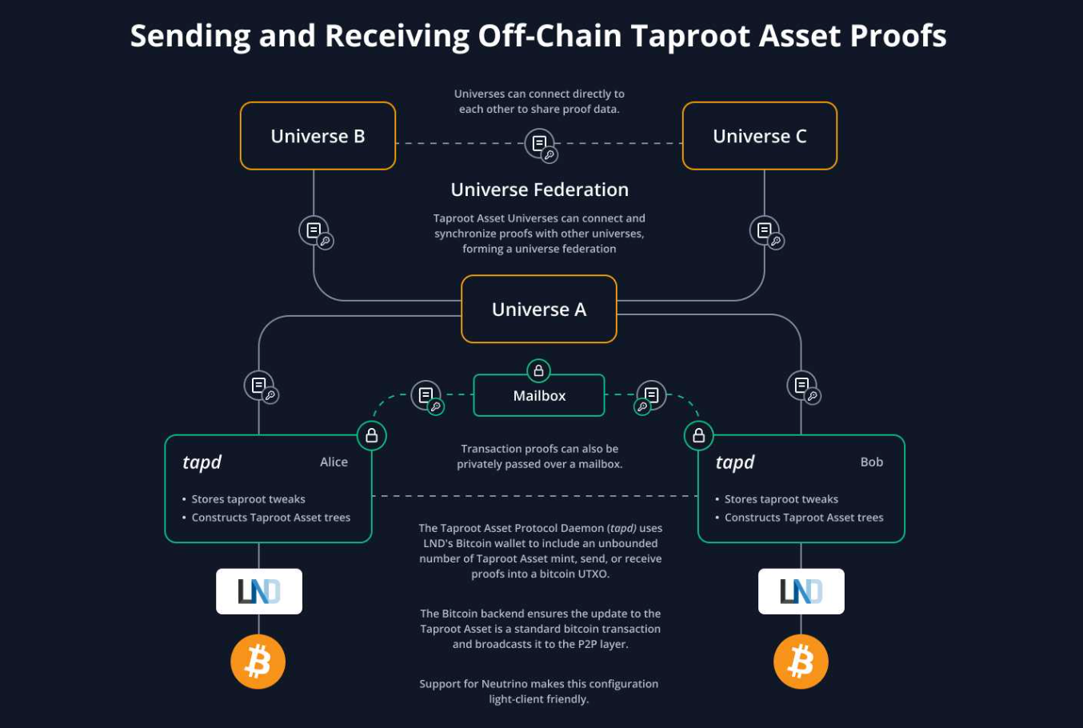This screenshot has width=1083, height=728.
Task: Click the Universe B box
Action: pyautogui.click(x=318, y=136)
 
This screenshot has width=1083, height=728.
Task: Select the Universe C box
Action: pyautogui.click(x=759, y=136)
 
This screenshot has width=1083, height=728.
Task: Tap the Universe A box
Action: pyautogui.click(x=538, y=310)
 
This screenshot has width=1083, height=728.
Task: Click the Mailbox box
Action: pyautogui.click(x=538, y=396)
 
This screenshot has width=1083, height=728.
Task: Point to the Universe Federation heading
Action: pyautogui.click(x=539, y=190)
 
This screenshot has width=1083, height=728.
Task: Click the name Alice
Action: pyautogui.click(x=334, y=462)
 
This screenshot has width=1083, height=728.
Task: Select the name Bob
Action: pyautogui.click(x=871, y=462)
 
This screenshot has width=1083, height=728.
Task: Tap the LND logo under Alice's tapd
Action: pyautogui.click(x=259, y=591)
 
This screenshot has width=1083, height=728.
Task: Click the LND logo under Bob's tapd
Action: pyautogui.click(x=801, y=591)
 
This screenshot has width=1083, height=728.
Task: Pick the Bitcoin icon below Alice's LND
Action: pyautogui.click(x=258, y=662)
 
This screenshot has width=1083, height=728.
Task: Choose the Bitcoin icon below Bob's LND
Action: pyautogui.click(x=801, y=662)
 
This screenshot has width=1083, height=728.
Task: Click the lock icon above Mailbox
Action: pyautogui.click(x=538, y=370)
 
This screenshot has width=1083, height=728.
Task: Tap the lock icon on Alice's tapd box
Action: pyautogui.click(x=371, y=435)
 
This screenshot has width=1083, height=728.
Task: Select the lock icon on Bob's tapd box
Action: pyautogui.click(x=698, y=435)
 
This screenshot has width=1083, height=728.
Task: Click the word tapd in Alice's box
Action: pyautogui.click(x=202, y=462)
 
